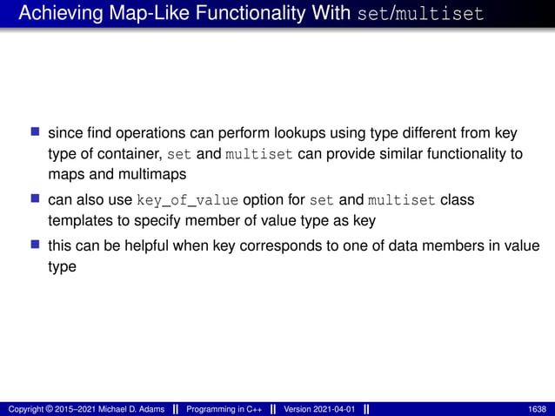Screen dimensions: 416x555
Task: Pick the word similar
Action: point(410,155)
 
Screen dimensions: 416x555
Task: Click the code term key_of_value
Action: point(187,200)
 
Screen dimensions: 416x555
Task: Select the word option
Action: point(265,200)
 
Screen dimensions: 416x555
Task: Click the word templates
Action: point(77,221)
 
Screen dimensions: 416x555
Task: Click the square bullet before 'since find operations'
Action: point(36,133)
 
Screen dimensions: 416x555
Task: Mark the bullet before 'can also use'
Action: point(36,199)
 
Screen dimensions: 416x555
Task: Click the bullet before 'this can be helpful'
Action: point(36,245)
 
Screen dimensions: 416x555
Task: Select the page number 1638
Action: point(539,409)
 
